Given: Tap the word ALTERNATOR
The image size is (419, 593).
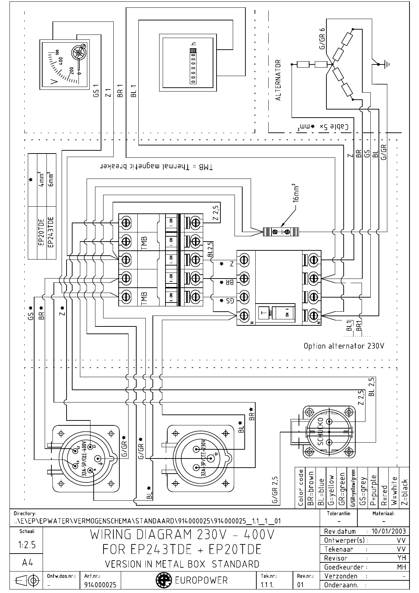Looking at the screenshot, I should (278, 80).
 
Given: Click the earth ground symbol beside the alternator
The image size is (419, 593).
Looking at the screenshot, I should (387, 64).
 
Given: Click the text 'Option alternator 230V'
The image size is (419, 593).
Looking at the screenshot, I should (344, 346).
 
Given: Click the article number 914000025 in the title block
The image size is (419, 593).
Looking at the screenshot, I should (100, 585).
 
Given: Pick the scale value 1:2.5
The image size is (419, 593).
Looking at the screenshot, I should (27, 545).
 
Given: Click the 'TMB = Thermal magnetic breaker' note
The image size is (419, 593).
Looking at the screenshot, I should (157, 167).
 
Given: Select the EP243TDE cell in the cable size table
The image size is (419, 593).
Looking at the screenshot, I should (51, 232).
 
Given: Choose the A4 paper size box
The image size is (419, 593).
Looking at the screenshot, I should (27, 563).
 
